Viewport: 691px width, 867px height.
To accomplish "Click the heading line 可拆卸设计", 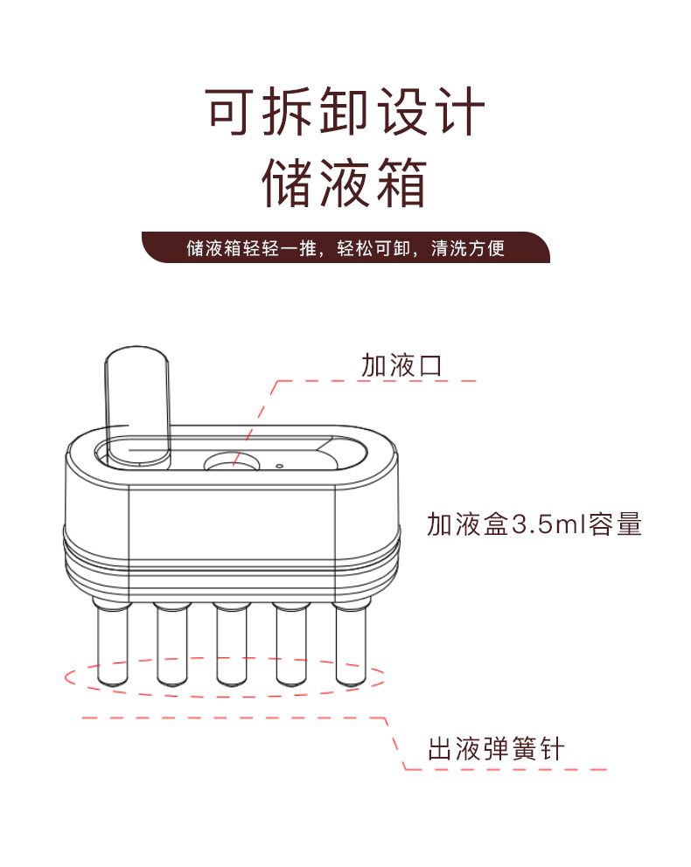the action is (x=345, y=111).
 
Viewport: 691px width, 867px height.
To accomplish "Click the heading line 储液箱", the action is (x=344, y=183).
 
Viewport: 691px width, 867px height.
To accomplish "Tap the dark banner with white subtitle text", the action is (x=345, y=247).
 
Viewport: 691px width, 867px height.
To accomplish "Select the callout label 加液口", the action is (x=401, y=365).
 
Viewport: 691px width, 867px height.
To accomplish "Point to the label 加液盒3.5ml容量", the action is (x=534, y=524).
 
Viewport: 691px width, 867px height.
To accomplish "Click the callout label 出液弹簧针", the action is (x=496, y=749).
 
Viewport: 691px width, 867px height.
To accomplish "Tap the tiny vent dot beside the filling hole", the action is (x=279, y=466).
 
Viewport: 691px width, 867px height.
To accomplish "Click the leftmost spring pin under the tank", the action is (x=112, y=642).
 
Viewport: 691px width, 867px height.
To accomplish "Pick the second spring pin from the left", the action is (x=172, y=643).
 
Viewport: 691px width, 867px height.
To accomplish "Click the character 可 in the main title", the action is (x=229, y=111).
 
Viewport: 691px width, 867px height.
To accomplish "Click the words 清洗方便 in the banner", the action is (x=468, y=247).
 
